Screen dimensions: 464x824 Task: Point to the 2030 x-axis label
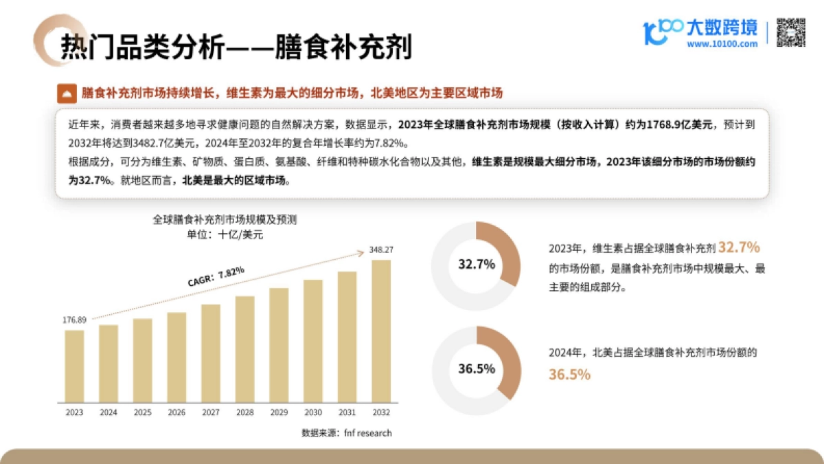312,412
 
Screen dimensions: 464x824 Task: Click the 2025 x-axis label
142,412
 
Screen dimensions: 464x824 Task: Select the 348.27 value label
380,250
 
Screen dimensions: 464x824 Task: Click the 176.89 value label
74,320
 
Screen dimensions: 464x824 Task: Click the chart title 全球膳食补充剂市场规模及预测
225,220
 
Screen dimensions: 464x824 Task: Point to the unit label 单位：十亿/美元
225,234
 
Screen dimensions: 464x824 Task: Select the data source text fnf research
347,433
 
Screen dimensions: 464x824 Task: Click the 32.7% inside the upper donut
477,265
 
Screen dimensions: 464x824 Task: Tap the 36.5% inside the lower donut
477,368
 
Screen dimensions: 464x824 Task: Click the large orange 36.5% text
569,375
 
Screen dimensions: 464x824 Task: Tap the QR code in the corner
790,32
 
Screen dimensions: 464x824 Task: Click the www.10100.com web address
722,44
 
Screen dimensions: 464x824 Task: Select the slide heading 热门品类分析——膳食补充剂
236,48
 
